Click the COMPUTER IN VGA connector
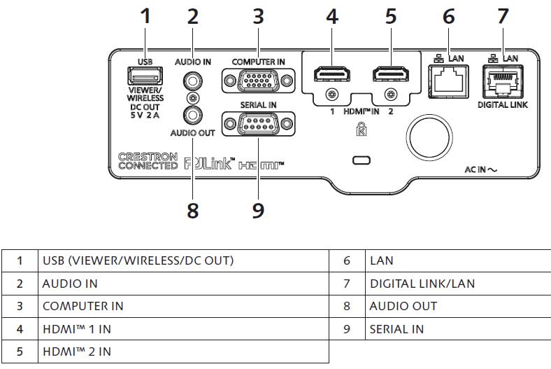(252, 81)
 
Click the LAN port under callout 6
(447, 81)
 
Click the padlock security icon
(362, 130)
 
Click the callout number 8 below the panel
(192, 210)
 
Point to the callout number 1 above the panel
(145, 17)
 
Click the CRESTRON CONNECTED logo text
(148, 161)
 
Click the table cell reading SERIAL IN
(396, 328)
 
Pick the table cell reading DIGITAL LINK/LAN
(422, 284)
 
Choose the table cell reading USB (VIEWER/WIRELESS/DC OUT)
(138, 260)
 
